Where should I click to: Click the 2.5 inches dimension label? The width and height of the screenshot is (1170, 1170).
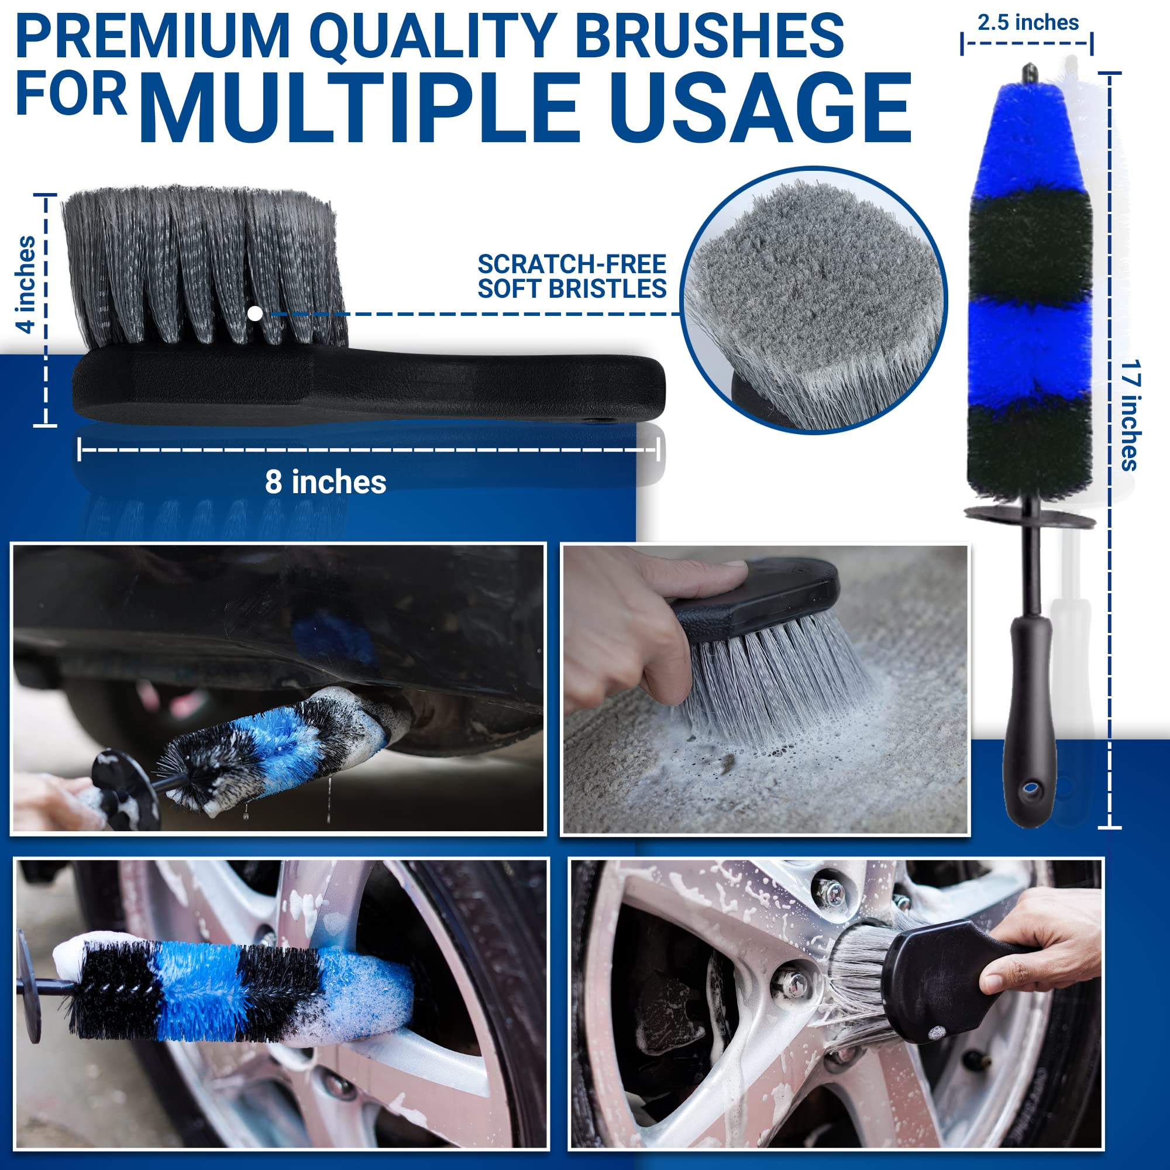point(1028,23)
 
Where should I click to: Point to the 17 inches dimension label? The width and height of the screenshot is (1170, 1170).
point(1130,415)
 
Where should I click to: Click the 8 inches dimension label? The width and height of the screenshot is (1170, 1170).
point(325,482)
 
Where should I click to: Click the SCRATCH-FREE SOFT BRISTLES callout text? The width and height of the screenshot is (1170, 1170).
point(572,277)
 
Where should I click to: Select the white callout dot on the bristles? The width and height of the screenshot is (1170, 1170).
point(256,313)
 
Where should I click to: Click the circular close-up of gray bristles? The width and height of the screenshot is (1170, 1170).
point(813,300)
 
